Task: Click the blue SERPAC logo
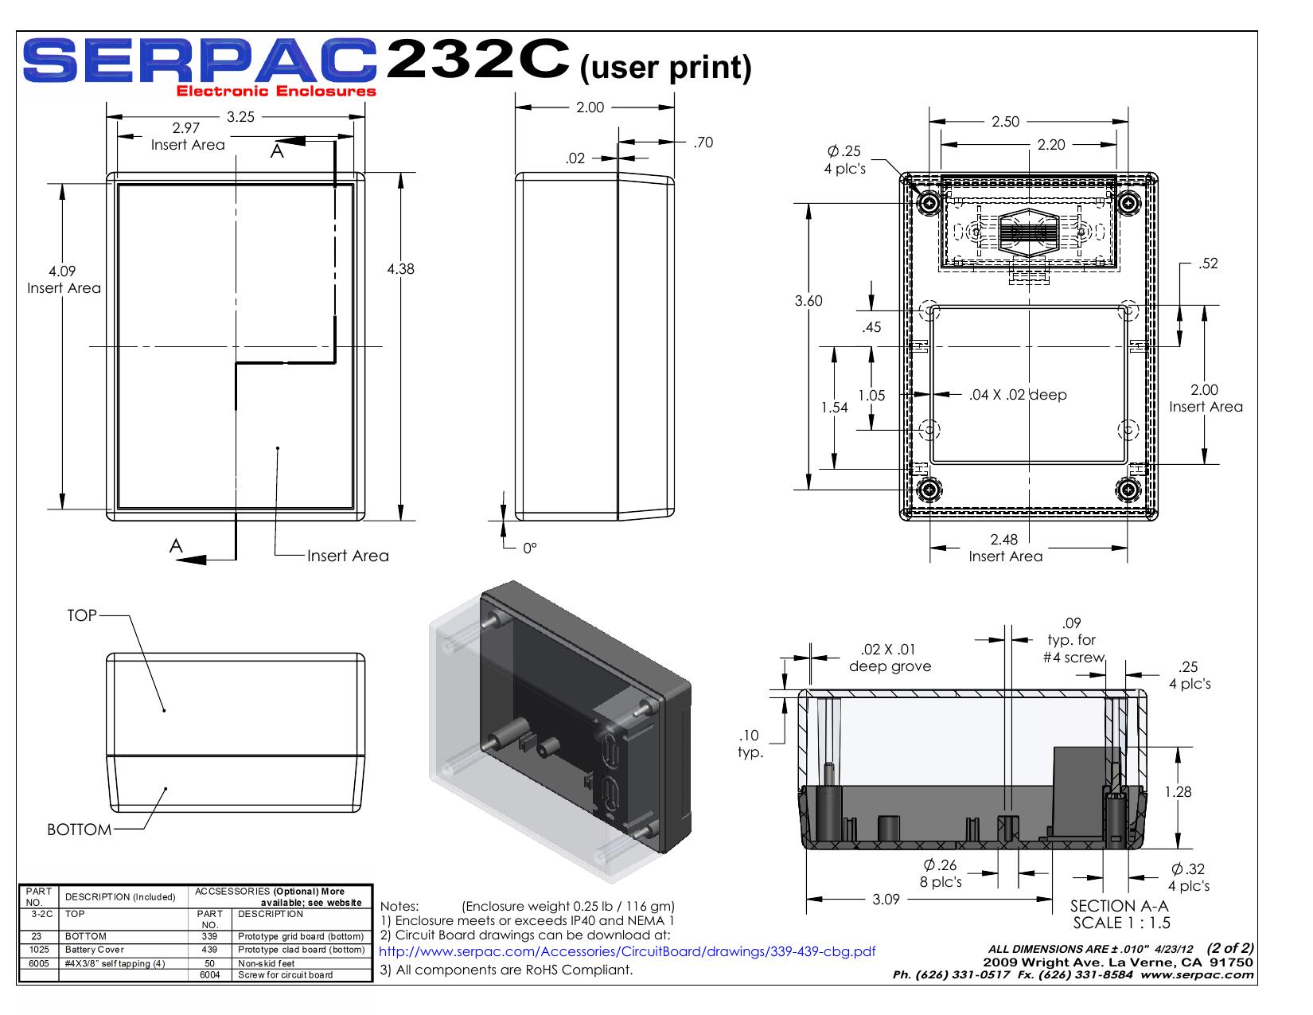[x=200, y=61]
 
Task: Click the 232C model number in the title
[x=477, y=59]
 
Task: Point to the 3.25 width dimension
[x=240, y=117]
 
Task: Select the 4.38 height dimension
[x=400, y=268]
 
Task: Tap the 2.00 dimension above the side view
[x=590, y=107]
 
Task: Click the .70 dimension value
[x=703, y=142]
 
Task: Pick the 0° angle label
[x=530, y=548]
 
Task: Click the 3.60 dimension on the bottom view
[x=808, y=300]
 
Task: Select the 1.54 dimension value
[x=834, y=408]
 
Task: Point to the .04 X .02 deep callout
[x=1018, y=395]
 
